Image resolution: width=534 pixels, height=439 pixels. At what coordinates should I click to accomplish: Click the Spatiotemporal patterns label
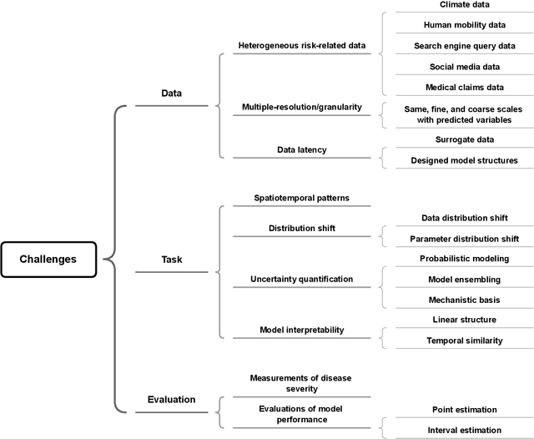click(301, 198)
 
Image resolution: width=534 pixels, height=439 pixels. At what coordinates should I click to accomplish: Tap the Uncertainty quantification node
click(301, 279)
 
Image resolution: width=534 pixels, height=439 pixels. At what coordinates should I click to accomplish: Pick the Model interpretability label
click(301, 331)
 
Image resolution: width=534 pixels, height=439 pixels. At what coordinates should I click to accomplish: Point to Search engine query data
click(464, 46)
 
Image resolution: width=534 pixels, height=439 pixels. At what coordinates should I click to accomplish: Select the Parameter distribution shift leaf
click(464, 238)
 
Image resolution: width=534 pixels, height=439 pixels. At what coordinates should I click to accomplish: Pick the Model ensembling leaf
click(464, 279)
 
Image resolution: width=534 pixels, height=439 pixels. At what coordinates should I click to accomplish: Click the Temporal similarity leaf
click(464, 341)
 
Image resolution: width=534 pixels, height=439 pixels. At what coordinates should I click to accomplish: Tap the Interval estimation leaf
click(464, 430)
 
